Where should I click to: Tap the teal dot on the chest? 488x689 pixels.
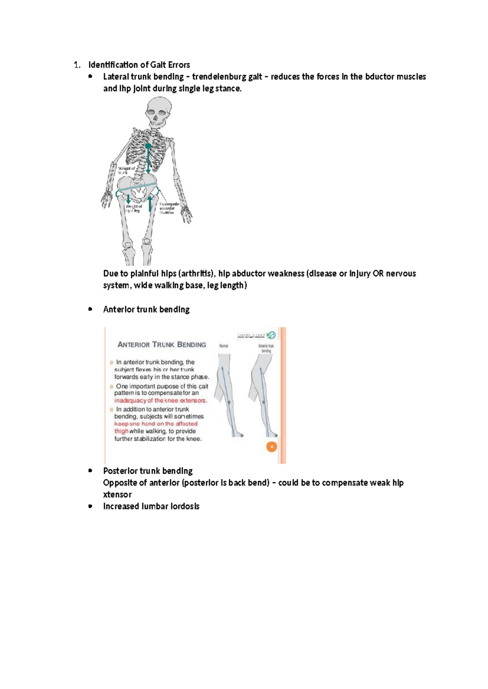click(x=148, y=145)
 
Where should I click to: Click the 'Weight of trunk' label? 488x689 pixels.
click(x=126, y=170)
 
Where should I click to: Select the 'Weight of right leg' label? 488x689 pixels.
click(x=133, y=208)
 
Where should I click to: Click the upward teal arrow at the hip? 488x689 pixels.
click(x=150, y=204)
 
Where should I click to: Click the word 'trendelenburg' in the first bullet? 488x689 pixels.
click(x=227, y=77)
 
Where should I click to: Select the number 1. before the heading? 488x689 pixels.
click(x=76, y=65)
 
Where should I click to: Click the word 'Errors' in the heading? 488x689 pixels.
click(x=179, y=65)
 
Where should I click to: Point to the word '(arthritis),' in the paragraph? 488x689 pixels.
click(x=197, y=273)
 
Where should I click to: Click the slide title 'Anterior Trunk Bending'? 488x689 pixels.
click(x=161, y=344)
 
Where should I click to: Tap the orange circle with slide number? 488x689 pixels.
click(x=271, y=447)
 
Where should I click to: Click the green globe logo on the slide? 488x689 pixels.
click(x=271, y=335)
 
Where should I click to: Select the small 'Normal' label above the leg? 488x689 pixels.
click(x=224, y=346)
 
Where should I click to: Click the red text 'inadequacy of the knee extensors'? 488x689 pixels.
click(x=161, y=401)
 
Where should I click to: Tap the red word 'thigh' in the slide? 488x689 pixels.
click(x=121, y=431)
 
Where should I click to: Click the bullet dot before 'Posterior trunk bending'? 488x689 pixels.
click(x=90, y=471)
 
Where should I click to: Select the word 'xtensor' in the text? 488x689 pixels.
click(x=117, y=494)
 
